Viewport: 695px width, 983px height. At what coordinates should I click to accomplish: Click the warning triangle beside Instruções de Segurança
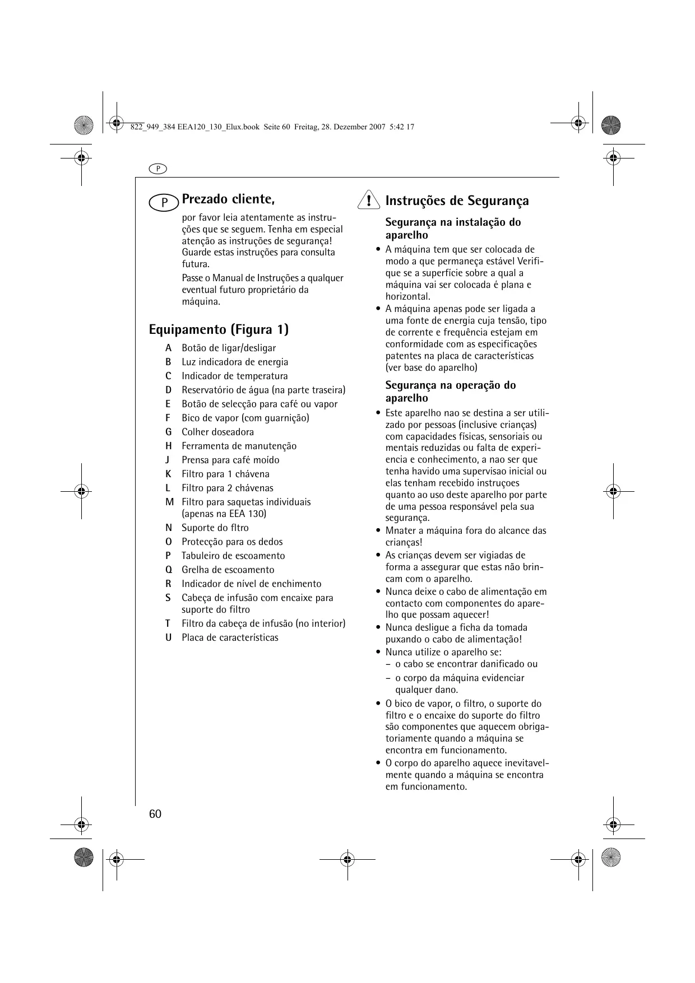[368, 200]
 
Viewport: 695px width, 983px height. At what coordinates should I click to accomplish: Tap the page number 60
[155, 814]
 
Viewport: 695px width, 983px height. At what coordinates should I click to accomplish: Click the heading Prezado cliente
[228, 199]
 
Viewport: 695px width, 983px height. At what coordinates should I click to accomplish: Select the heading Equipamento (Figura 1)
[219, 329]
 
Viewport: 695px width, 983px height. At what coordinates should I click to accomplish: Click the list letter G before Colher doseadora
[168, 432]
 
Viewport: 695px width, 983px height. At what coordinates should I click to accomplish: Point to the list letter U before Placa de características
[168, 637]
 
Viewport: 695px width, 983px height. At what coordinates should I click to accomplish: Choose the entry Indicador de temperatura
[234, 376]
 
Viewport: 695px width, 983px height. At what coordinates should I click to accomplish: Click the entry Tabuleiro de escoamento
[233, 556]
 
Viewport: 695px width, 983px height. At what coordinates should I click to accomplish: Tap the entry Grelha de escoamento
[228, 570]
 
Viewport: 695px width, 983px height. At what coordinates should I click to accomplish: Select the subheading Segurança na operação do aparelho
[450, 392]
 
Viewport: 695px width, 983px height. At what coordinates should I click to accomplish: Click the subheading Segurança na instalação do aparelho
[453, 229]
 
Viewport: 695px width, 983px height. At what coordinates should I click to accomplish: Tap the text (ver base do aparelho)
[431, 367]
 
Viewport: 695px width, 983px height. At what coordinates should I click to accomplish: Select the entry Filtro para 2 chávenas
[227, 488]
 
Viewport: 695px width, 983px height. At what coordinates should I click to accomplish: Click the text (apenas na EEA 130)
[224, 514]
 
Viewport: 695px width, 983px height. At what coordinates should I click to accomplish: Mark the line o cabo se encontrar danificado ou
[466, 664]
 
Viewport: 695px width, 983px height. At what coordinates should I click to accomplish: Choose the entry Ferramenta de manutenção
[239, 446]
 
